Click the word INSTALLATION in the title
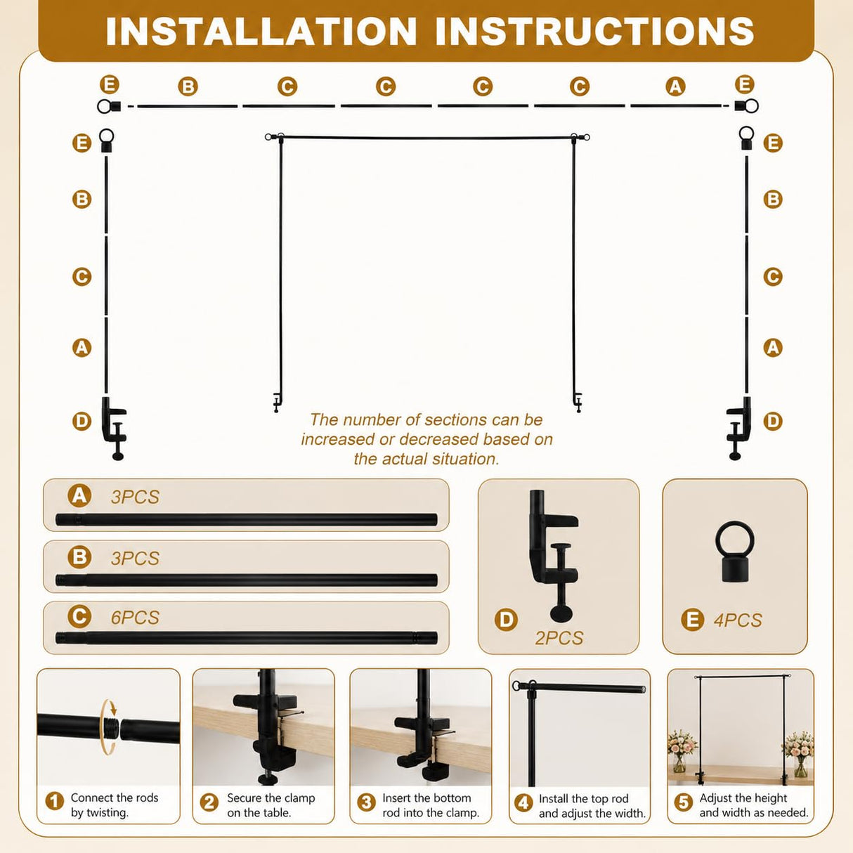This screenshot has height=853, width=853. tap(261, 32)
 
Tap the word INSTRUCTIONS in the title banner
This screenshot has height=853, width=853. tap(595, 32)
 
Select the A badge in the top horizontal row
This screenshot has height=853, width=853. tap(675, 86)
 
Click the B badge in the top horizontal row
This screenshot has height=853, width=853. tap(188, 86)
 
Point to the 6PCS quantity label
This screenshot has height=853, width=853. tap(135, 618)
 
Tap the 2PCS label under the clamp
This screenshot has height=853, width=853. tap(559, 638)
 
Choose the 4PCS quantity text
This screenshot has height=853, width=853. tap(738, 620)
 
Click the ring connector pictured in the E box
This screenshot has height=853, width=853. tap(735, 551)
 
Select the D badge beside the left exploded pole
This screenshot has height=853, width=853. tap(82, 420)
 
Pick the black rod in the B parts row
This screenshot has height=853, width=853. tap(247, 580)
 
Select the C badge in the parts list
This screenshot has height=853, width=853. tap(79, 617)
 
